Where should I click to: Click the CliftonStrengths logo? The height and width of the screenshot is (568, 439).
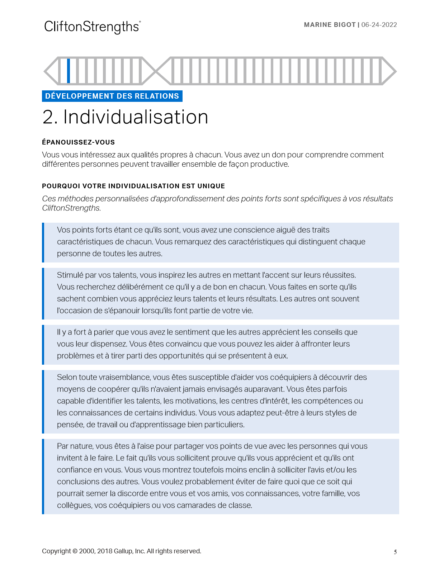[x=92, y=27]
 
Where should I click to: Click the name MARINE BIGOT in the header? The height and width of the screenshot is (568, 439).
[x=330, y=25]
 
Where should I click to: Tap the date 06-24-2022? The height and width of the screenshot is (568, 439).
[x=379, y=25]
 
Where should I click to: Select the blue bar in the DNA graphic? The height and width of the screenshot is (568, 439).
[x=69, y=71]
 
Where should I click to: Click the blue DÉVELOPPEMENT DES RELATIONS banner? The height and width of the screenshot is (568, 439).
[x=112, y=96]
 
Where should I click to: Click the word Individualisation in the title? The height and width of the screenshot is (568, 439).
[x=136, y=117]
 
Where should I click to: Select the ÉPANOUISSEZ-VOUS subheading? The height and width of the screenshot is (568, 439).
[x=78, y=142]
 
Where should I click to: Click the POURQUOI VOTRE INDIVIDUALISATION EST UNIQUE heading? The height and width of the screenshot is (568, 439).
[x=133, y=186]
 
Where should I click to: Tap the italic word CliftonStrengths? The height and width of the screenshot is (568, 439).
[x=71, y=208]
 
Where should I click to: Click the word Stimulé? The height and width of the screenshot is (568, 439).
[x=70, y=275]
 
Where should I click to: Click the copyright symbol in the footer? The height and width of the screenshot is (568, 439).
[x=75, y=551]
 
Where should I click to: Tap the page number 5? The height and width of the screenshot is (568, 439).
[x=395, y=552]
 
